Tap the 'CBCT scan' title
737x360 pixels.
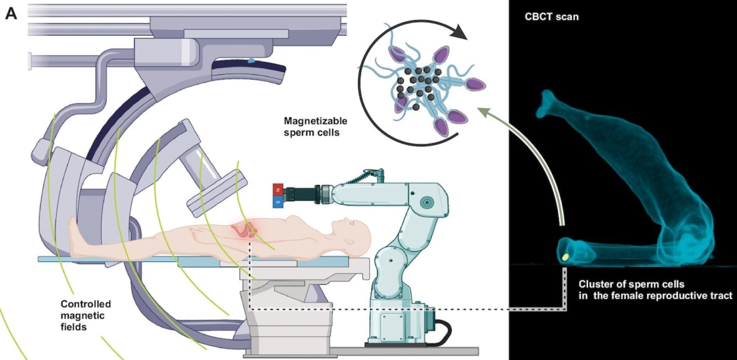551,16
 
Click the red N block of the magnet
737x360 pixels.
278,188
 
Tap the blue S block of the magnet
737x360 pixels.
278,199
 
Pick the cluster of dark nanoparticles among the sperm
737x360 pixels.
418,83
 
